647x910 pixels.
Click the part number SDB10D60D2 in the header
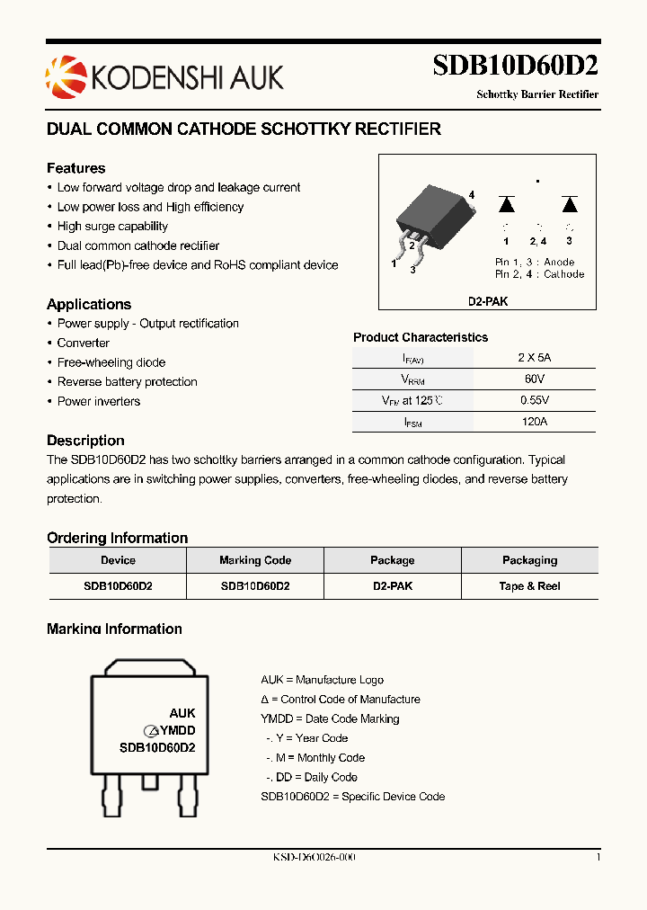tap(515, 67)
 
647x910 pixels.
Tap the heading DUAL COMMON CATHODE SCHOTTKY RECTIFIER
tap(244, 129)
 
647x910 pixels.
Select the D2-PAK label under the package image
tap(487, 302)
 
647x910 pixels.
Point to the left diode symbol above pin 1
tap(506, 204)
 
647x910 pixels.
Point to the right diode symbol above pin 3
tap(569, 204)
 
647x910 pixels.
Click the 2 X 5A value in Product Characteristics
tap(535, 357)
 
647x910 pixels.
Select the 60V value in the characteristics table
tap(535, 379)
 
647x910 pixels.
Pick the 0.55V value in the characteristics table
tap(535, 400)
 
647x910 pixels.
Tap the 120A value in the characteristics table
tap(535, 421)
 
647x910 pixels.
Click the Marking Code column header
tap(255, 560)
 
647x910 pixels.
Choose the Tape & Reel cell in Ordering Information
tap(529, 586)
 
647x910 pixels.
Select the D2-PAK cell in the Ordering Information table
tap(393, 586)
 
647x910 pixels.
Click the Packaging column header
tap(529, 560)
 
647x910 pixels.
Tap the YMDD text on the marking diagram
tap(178, 731)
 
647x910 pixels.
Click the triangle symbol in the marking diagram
tap(153, 731)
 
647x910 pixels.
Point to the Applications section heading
tap(89, 304)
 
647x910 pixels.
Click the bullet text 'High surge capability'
tap(112, 227)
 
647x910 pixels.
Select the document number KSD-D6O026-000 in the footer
tap(314, 858)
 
